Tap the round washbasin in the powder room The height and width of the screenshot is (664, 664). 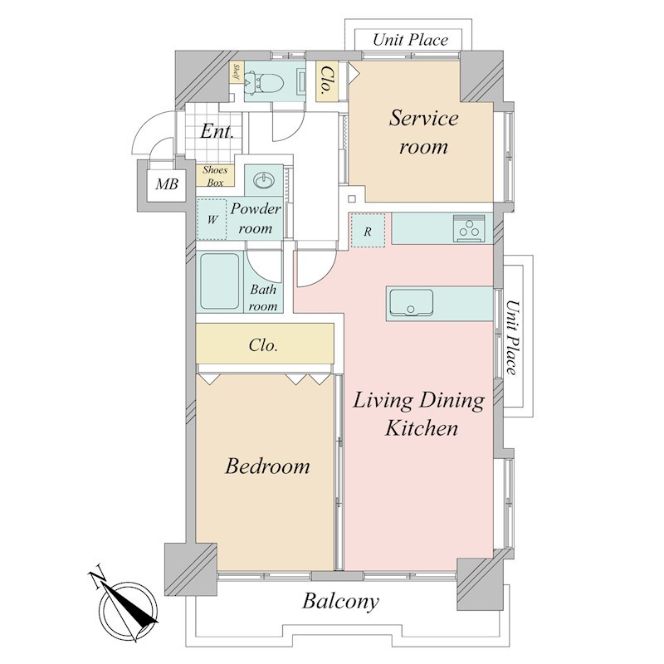click(263, 181)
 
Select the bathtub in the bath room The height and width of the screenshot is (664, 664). click(219, 281)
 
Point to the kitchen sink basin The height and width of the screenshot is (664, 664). click(411, 303)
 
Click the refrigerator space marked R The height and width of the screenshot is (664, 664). click(368, 231)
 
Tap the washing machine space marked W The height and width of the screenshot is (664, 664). click(212, 219)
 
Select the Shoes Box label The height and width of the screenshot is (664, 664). click(215, 176)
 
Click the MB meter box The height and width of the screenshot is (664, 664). click(167, 183)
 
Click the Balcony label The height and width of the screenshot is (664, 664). click(340, 601)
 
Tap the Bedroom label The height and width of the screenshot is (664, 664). click(267, 466)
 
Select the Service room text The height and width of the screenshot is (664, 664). click(423, 132)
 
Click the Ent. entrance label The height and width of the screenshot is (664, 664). click(217, 131)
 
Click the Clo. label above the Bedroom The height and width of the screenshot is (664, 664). click(263, 345)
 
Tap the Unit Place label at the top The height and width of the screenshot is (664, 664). click(410, 40)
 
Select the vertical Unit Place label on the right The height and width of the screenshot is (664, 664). click(512, 338)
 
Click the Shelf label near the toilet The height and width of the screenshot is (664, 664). click(237, 72)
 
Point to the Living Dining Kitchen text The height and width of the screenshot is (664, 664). click(419, 414)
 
